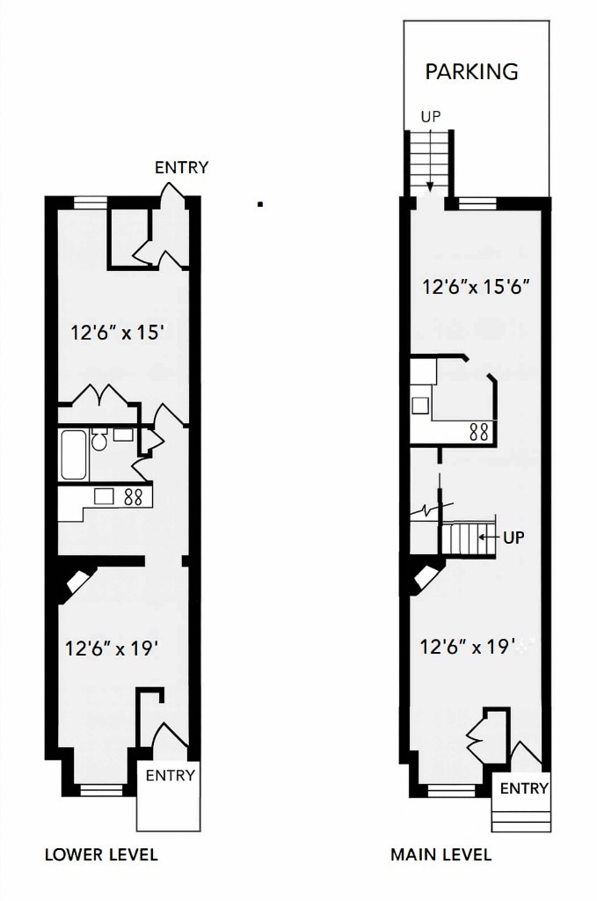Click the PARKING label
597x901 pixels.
pyautogui.click(x=471, y=71)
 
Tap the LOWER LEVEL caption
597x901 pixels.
pyautogui.click(x=101, y=854)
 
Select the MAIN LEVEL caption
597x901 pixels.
pyautogui.click(x=441, y=854)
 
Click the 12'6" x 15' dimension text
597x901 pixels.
pyautogui.click(x=118, y=333)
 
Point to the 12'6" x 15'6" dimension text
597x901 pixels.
pyautogui.click(x=475, y=287)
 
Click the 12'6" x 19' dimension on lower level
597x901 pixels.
pyautogui.click(x=112, y=649)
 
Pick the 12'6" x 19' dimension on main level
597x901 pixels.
pyautogui.click(x=467, y=647)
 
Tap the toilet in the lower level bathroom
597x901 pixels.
pyautogui.click(x=99, y=440)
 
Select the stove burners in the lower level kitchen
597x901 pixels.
pyautogui.click(x=134, y=496)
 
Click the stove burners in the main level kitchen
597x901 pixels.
pyautogui.click(x=479, y=431)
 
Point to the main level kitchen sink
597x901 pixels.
pyautogui.click(x=421, y=406)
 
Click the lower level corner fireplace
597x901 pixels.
pyautogui.click(x=76, y=582)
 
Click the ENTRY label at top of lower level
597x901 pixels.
pyautogui.click(x=181, y=167)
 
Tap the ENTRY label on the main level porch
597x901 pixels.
pyautogui.click(x=524, y=788)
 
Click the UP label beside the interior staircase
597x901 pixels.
pyautogui.click(x=513, y=537)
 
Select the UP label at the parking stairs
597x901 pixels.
pyautogui.click(x=430, y=116)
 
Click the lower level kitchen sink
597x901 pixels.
pyautogui.click(x=105, y=496)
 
